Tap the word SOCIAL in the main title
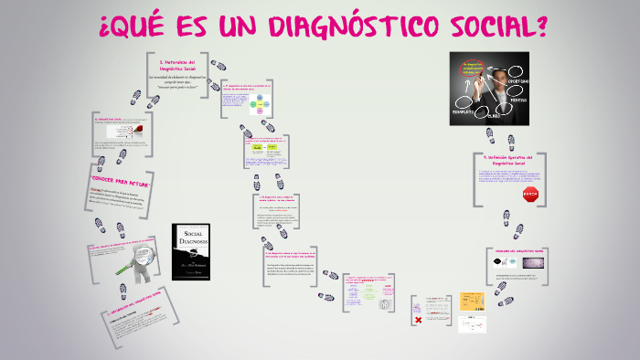point(493,26)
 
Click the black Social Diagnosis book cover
point(192,250)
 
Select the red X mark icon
point(418,319)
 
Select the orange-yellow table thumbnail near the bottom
point(472,301)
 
